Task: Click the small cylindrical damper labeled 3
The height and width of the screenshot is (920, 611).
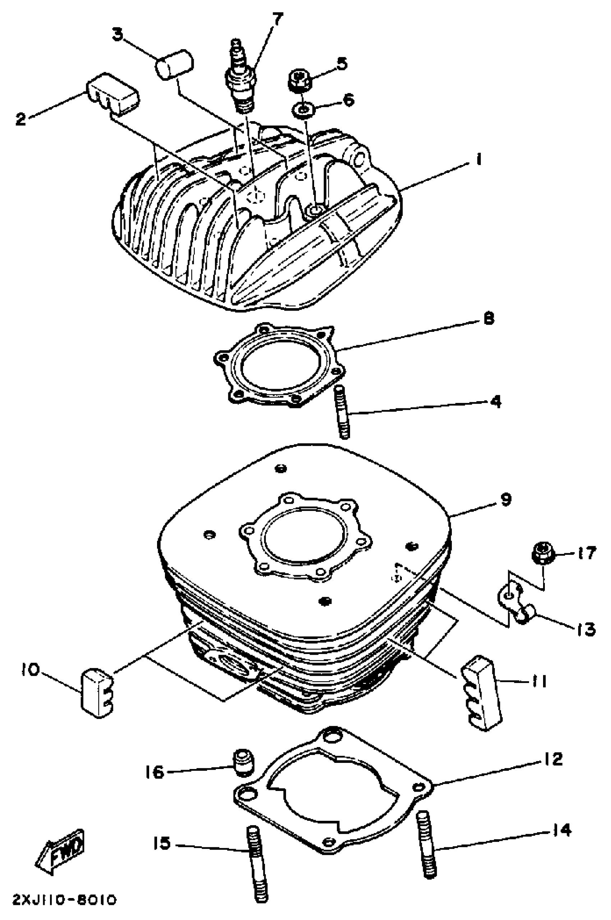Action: pos(175,65)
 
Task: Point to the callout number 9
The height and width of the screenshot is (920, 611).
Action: pos(505,500)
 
